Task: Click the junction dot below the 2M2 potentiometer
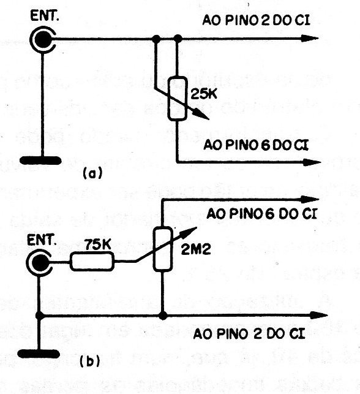(x=163, y=316)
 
